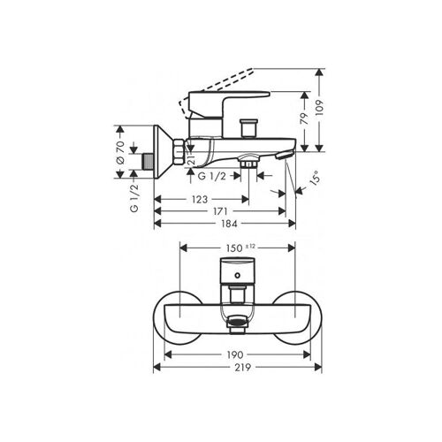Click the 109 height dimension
click(320, 108)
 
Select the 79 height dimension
click(305, 118)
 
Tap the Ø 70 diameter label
click(120, 152)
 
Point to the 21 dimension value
click(191, 159)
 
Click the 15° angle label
click(315, 178)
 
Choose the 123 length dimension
click(200, 200)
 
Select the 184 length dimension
click(229, 224)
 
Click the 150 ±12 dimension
click(240, 248)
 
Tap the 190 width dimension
click(235, 354)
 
